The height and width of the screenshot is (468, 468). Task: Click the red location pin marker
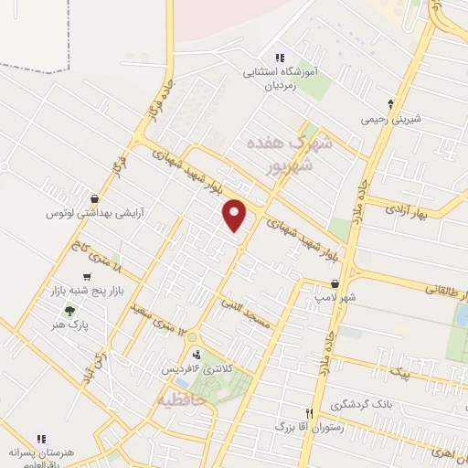pyautogui.click(x=235, y=214)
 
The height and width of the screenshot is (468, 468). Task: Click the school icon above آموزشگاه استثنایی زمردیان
pyautogui.click(x=280, y=58)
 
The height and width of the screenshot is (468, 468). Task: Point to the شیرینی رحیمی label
pyautogui.click(x=391, y=119)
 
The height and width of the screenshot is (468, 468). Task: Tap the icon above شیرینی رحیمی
pyautogui.click(x=391, y=103)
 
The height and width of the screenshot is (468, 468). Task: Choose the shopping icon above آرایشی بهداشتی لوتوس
pyautogui.click(x=95, y=197)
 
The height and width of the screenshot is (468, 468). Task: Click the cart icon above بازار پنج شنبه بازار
pyautogui.click(x=87, y=276)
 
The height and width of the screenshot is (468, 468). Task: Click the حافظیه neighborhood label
pyautogui.click(x=183, y=399)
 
